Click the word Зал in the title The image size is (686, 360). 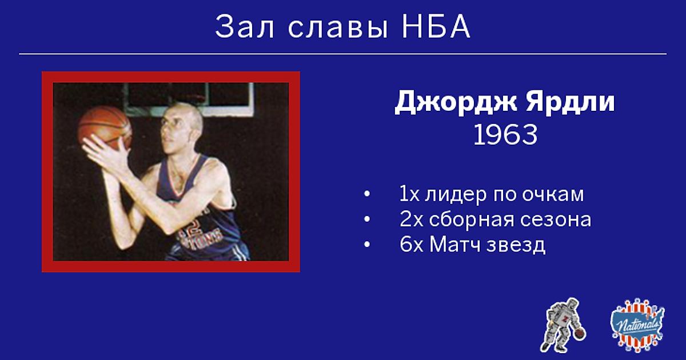[x=245, y=27]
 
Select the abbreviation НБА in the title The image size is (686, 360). [x=436, y=27]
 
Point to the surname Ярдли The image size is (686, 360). [x=570, y=102]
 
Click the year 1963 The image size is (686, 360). [x=505, y=135]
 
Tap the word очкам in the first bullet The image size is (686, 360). [x=553, y=194]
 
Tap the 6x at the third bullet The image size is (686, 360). [x=411, y=245]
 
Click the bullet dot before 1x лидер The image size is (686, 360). [x=367, y=194]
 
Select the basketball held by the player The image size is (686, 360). [x=105, y=128]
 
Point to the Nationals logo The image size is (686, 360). [x=637, y=325]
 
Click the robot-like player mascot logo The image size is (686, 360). [x=564, y=325]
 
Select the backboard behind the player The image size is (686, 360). [x=189, y=99]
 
